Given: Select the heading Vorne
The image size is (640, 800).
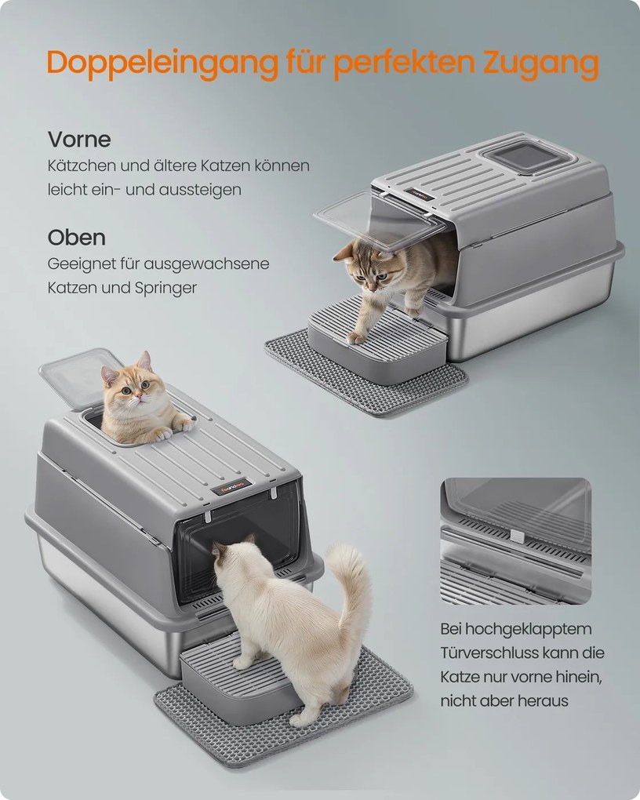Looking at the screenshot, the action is [x=79, y=140].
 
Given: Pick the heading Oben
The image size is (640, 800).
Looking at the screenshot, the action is [x=77, y=237].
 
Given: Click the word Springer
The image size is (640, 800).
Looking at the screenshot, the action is [x=165, y=289].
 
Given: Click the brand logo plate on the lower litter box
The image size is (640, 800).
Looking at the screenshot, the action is [x=231, y=485].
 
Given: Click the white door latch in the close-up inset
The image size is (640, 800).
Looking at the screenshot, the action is [x=517, y=536].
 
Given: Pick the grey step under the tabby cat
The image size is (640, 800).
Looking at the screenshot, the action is [x=378, y=340].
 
